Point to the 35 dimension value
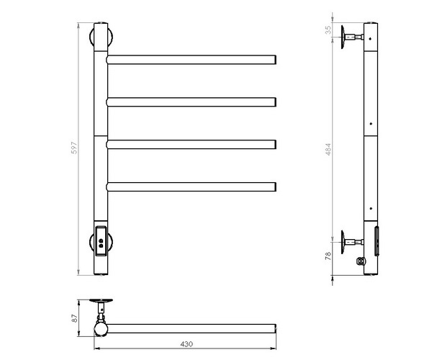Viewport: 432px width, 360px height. pos(328,30)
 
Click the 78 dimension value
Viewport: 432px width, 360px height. pos(328,256)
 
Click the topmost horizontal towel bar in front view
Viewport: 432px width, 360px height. pos(192,58)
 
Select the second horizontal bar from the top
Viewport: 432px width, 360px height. pos(192,100)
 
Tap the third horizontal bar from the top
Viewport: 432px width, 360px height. pos(192,143)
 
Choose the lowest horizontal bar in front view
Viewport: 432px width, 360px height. pos(192,186)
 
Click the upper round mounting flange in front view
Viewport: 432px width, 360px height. pos(100,36)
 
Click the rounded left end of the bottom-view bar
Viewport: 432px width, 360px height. pos(101,329)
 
